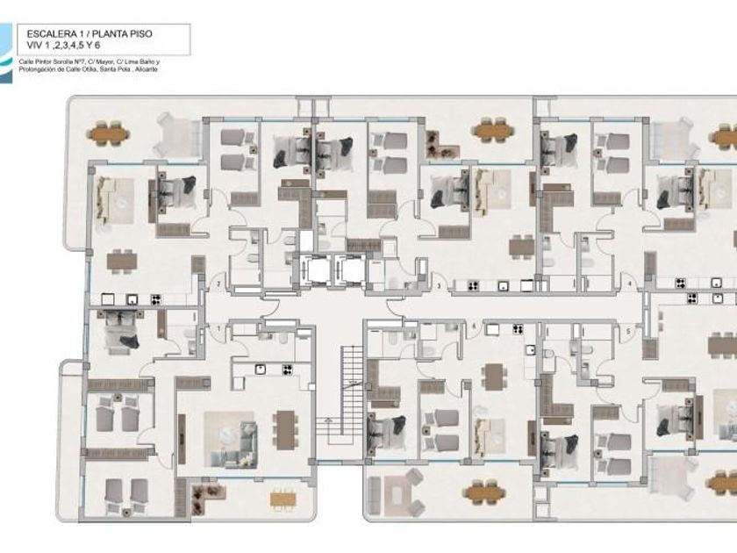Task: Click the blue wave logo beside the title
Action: pos(7,53)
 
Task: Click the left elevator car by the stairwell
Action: pos(311,269)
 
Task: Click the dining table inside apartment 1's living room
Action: pos(284,429)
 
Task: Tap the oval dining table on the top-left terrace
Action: pos(108,134)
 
